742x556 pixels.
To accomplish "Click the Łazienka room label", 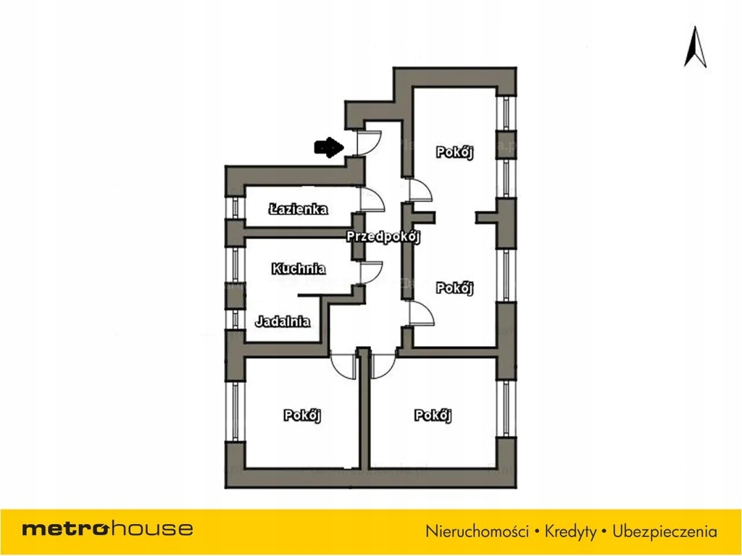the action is [x=298, y=209].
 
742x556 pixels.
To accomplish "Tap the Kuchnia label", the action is [x=299, y=269].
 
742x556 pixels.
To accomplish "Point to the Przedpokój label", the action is [x=383, y=236].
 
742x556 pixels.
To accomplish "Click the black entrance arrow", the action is [x=328, y=148].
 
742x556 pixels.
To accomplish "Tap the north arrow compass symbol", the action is [x=696, y=47].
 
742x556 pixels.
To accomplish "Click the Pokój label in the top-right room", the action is [x=454, y=152].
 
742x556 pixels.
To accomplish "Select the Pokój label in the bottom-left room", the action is [x=302, y=416].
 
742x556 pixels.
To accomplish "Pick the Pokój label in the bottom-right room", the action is [x=433, y=416].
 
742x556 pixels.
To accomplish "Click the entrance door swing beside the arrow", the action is [x=371, y=142].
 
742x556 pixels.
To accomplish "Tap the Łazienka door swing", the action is [x=372, y=199].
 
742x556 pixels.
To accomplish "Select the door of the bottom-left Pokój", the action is [x=342, y=364].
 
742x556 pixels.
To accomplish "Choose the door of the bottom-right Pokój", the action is [x=383, y=364].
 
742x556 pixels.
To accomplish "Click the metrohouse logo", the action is [x=107, y=528].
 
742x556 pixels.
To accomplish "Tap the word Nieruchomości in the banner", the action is [x=477, y=531].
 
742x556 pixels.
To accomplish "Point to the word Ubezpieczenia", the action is [x=664, y=531].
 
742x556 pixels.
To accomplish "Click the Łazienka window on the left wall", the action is [x=234, y=207].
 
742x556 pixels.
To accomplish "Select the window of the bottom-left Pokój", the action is [x=234, y=410].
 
